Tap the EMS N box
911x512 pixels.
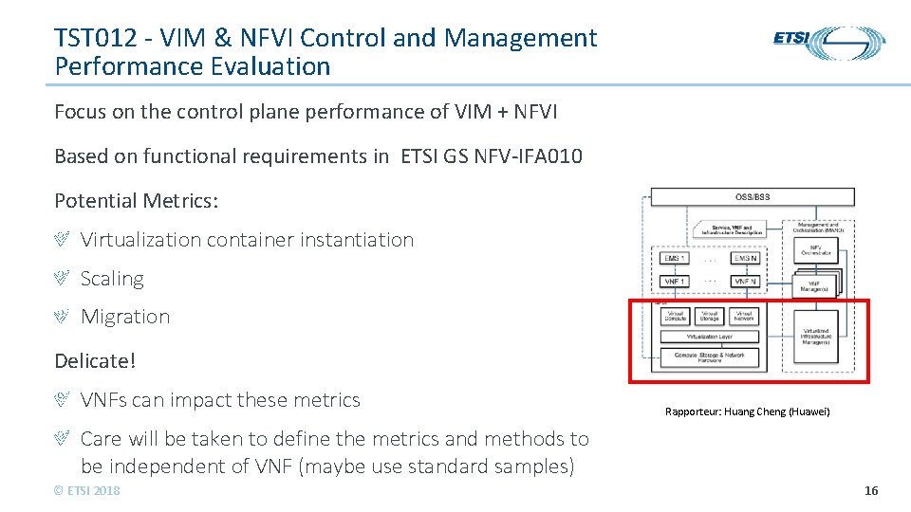click(744, 258)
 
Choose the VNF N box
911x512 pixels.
click(744, 281)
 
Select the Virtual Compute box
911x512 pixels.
click(676, 316)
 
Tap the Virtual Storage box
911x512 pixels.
click(709, 316)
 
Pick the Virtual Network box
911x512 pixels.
click(744, 316)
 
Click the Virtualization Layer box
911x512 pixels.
click(709, 336)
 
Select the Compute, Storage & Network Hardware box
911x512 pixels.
click(709, 357)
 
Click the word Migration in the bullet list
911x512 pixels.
click(125, 317)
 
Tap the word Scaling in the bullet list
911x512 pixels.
click(112, 279)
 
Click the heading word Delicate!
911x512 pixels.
click(95, 360)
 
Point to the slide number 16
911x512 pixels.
click(871, 490)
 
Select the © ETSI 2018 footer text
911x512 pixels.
click(87, 490)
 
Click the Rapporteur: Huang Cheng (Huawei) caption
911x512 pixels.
click(748, 411)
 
